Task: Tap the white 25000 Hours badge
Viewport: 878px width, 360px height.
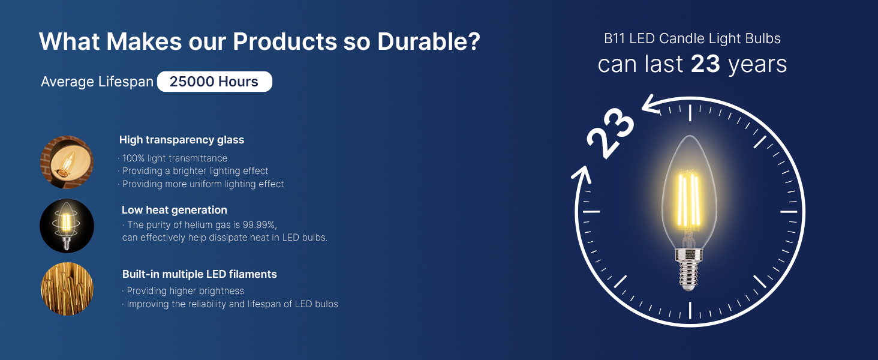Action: (x=214, y=82)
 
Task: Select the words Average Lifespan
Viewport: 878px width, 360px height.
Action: (x=97, y=82)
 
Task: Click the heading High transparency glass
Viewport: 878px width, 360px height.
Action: (x=182, y=140)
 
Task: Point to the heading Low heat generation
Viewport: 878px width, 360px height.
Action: (x=175, y=210)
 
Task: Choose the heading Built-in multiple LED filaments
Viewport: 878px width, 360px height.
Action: (x=200, y=274)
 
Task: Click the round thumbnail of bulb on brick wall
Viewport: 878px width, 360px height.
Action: (x=67, y=162)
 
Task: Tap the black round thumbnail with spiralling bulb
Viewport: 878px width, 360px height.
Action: (x=67, y=226)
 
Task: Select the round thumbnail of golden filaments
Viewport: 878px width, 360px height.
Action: (x=67, y=289)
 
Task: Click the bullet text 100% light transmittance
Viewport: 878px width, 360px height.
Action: (x=175, y=158)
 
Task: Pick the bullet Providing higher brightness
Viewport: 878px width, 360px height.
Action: (x=185, y=291)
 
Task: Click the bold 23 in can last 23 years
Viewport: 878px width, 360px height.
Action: (x=705, y=64)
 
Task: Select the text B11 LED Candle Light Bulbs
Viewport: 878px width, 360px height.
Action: (x=692, y=39)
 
